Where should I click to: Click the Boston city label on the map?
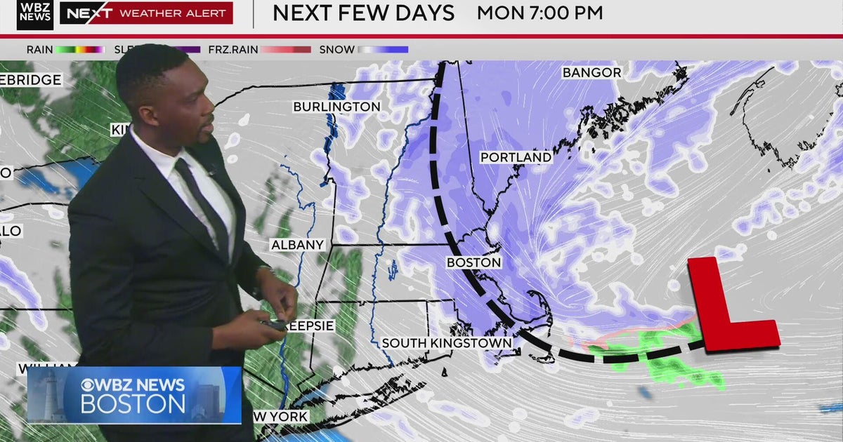(474, 262)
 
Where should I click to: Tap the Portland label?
(516, 157)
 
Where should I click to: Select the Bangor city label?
(592, 72)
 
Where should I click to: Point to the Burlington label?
(336, 107)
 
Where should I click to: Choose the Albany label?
(298, 245)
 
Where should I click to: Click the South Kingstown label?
(447, 343)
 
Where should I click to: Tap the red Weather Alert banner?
(145, 13)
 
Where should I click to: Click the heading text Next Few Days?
(363, 13)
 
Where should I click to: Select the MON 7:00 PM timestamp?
(540, 13)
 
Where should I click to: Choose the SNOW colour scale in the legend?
(383, 50)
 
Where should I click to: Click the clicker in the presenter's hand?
(275, 325)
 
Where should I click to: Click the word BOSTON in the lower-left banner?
(133, 404)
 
